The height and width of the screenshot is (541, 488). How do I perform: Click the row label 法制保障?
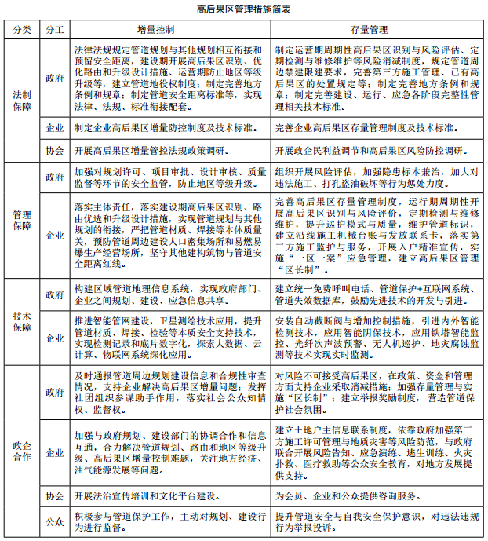click(23, 101)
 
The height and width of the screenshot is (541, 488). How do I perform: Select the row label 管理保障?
click(23, 220)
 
